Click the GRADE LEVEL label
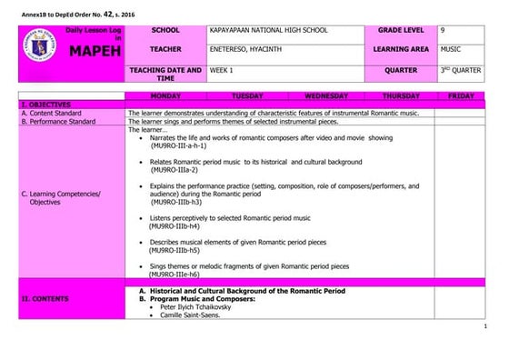point(401,31)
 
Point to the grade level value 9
point(442,31)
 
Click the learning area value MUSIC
point(449,49)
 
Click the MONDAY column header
point(165,95)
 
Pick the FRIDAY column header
point(461,95)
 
